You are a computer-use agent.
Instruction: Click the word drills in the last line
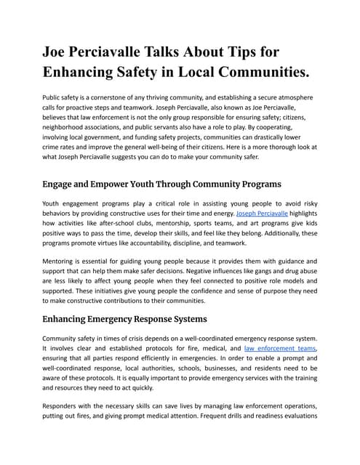234,417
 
